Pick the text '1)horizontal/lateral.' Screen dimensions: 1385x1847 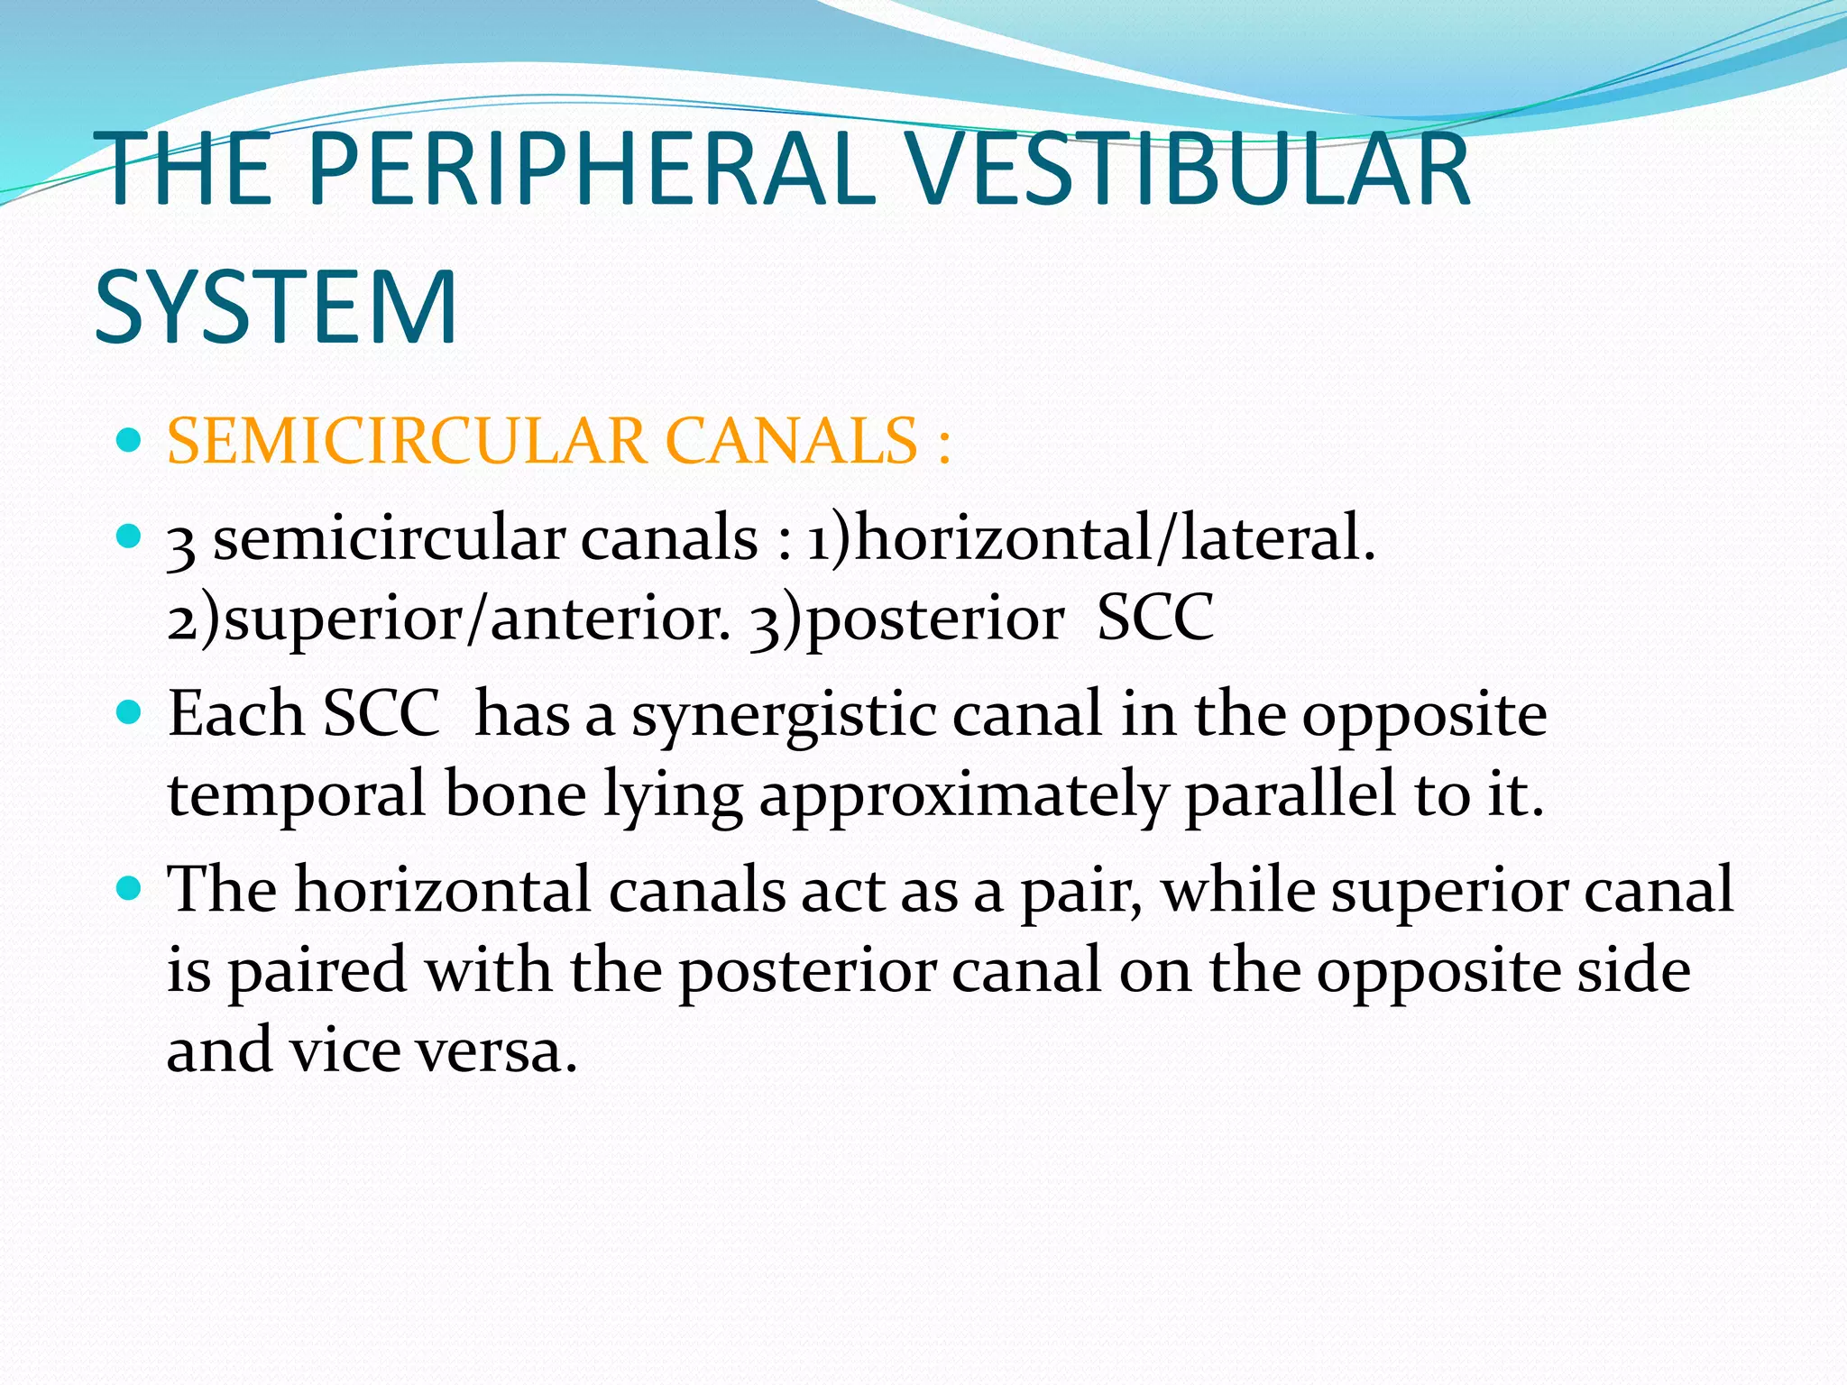tap(1091, 538)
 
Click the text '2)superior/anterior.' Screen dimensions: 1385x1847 tap(449, 619)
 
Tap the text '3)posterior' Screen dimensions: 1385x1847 tap(905, 619)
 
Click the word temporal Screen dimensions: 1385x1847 tap(297, 795)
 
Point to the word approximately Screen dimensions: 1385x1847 tap(963, 795)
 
